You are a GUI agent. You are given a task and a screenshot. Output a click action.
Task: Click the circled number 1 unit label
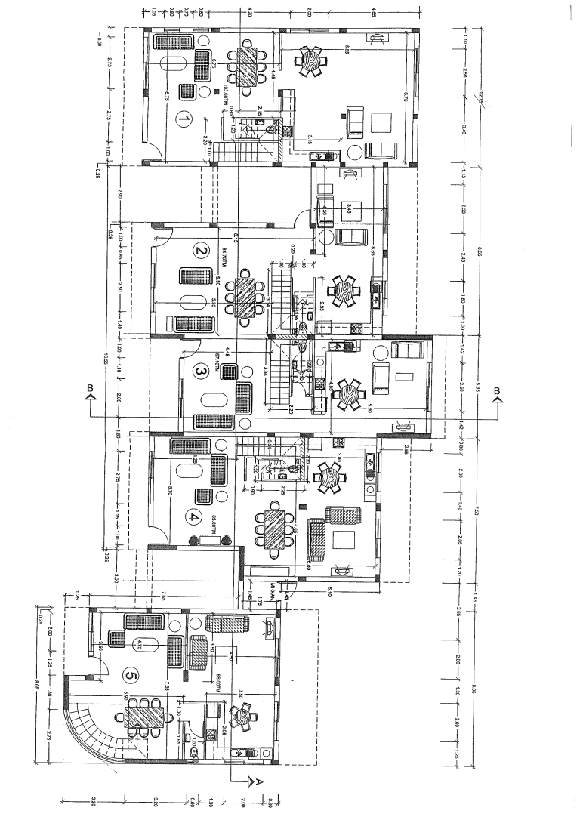pos(182,119)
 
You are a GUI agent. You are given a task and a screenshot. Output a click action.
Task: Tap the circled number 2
pos(200,251)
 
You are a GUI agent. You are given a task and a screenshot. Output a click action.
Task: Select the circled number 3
pos(200,371)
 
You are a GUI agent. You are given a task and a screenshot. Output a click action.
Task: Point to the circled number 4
pos(194,518)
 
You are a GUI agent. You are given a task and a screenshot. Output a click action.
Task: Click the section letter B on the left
pos(90,389)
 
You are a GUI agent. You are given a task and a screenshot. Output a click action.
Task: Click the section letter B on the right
pos(497,390)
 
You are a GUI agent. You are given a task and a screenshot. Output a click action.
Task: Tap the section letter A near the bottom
pos(259,781)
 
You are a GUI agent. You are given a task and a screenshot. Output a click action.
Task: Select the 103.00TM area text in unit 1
pos(225,97)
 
